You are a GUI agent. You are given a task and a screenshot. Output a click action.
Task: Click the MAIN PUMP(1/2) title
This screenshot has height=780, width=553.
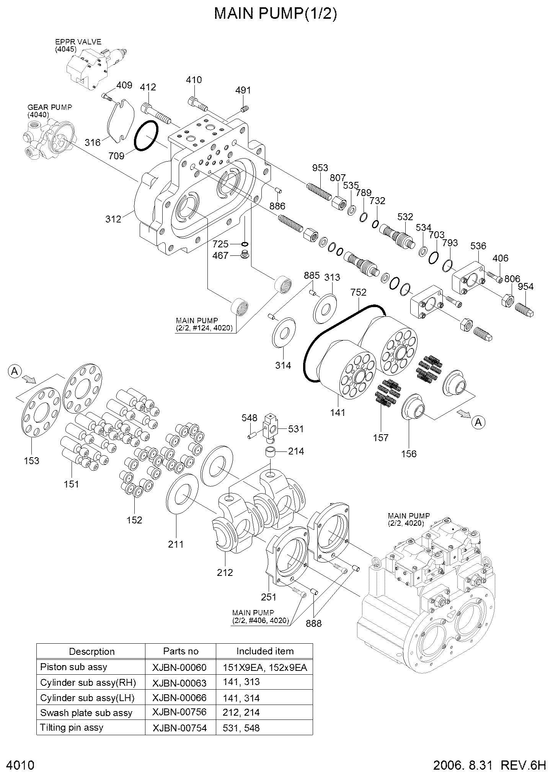coord(276,14)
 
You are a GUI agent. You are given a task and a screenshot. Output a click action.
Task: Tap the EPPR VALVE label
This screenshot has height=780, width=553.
coord(78,42)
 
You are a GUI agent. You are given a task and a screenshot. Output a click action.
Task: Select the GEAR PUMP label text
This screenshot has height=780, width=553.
coord(50,108)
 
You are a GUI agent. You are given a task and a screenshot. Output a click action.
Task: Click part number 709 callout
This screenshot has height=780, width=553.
coord(116,156)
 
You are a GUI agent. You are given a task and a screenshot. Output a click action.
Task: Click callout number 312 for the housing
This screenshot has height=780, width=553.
coord(113,219)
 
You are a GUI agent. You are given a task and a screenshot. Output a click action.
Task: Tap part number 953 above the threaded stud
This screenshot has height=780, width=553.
coord(320,168)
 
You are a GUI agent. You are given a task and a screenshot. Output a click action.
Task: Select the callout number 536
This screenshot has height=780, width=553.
coord(478,246)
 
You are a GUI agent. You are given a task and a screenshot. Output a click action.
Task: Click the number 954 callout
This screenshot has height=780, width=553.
coord(525,287)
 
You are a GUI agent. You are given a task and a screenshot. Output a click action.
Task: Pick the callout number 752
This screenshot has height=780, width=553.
coord(359,292)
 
